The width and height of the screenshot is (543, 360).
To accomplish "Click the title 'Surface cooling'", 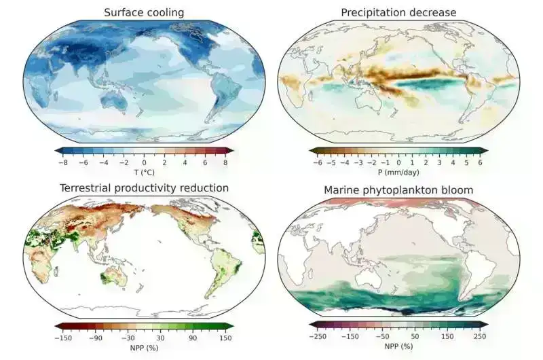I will (143, 12).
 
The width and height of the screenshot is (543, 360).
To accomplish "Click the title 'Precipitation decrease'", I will (398, 12).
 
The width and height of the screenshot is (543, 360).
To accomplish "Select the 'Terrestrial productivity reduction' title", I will (144, 187).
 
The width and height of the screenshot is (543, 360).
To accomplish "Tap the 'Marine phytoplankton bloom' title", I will (398, 190).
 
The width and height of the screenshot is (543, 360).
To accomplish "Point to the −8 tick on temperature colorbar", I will (62, 163).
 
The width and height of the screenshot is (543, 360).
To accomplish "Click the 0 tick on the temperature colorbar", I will (144, 163).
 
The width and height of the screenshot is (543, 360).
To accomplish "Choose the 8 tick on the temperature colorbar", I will (225, 163).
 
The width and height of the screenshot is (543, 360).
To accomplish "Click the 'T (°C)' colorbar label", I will (144, 173).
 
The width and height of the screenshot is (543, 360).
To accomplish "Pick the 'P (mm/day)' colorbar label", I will (398, 173).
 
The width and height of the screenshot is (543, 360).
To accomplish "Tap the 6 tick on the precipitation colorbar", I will (480, 163).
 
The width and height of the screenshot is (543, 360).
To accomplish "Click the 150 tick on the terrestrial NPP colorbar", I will (225, 338).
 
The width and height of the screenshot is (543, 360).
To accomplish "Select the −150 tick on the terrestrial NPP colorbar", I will (62, 338).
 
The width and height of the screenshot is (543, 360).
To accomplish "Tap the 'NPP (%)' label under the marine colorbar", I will (398, 347).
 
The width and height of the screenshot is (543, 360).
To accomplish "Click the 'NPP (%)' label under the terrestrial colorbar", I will (144, 348).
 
